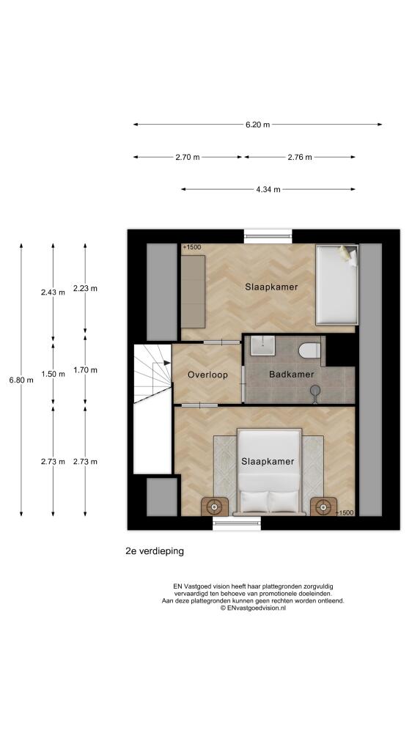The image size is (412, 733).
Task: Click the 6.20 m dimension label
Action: pyautogui.click(x=257, y=125)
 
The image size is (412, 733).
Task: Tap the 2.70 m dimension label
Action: pyautogui.click(x=188, y=158)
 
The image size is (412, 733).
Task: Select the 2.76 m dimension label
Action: pyautogui.click(x=299, y=158)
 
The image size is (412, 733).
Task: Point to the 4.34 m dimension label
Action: pyautogui.click(x=268, y=190)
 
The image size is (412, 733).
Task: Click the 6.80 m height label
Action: pyautogui.click(x=21, y=380)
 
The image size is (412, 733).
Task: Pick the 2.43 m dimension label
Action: pyautogui.click(x=53, y=292)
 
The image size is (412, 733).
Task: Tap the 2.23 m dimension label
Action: pyautogui.click(x=85, y=289)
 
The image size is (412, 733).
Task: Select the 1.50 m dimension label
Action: pyautogui.click(x=53, y=374)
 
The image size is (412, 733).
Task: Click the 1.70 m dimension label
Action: pyautogui.click(x=85, y=370)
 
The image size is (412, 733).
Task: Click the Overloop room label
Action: pyautogui.click(x=207, y=375)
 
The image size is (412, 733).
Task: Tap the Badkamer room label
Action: pyautogui.click(x=291, y=375)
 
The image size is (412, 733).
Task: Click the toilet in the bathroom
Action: pyautogui.click(x=309, y=350)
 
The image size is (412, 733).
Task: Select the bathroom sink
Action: pyautogui.click(x=262, y=346)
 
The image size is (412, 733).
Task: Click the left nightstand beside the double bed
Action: pyautogui.click(x=215, y=507)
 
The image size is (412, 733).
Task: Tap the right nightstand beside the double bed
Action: pyautogui.click(x=323, y=507)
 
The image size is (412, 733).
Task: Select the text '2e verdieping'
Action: pyautogui.click(x=155, y=551)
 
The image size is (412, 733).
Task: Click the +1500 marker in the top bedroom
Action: pyautogui.click(x=192, y=247)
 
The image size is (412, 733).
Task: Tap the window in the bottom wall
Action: pyautogui.click(x=237, y=523)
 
